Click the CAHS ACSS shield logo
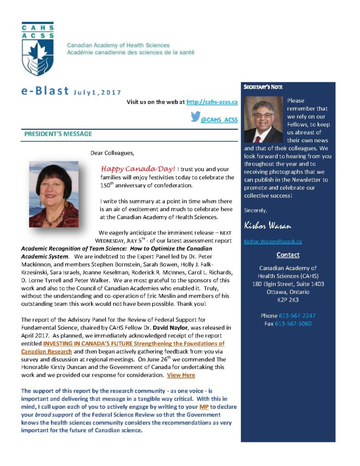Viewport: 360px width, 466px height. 37,48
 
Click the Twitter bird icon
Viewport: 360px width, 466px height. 195,117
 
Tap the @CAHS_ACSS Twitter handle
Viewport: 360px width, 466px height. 219,120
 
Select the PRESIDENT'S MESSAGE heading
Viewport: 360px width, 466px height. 58,134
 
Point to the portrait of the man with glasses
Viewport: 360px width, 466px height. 264,119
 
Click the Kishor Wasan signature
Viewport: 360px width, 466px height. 268,226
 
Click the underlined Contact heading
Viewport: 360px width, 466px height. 288,255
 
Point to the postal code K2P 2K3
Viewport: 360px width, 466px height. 288,300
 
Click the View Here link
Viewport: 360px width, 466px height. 181,375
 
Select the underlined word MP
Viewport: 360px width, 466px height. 204,406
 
